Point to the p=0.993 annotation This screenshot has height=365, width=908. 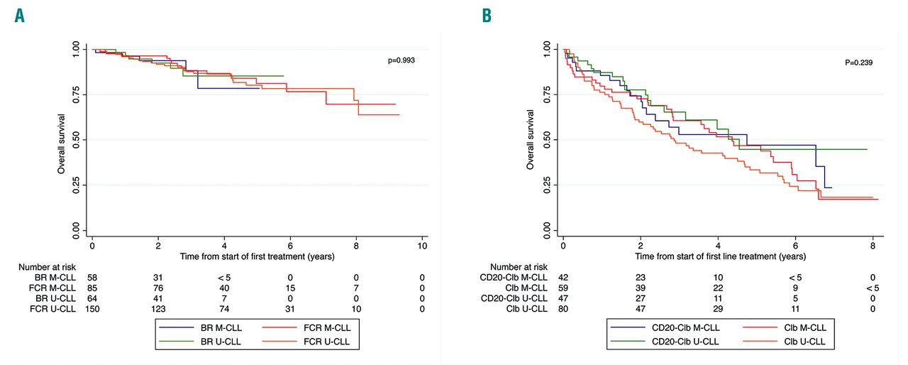(x=402, y=61)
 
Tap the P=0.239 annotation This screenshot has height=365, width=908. (x=858, y=62)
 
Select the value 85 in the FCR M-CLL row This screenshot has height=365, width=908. (x=92, y=287)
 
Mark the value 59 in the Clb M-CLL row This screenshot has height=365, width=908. (x=563, y=287)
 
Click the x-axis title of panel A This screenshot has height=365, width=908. (x=257, y=256)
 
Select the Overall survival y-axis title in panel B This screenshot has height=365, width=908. (x=530, y=141)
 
